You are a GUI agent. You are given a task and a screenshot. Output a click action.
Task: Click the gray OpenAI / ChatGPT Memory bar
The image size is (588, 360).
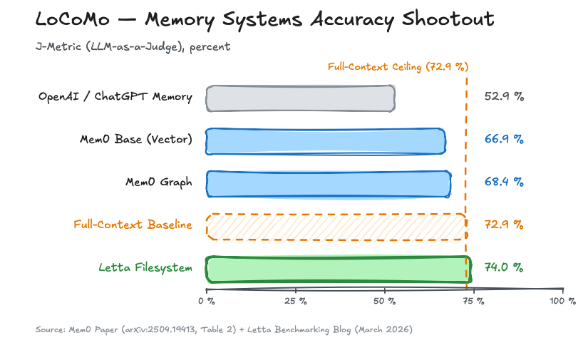300,98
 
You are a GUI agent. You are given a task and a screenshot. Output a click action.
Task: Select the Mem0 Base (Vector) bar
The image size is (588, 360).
326,140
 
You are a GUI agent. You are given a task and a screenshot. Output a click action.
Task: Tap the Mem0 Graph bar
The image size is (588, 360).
328,183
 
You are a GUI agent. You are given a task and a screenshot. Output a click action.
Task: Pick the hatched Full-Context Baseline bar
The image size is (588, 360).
336,226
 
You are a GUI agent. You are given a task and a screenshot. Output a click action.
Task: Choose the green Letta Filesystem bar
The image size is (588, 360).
339,269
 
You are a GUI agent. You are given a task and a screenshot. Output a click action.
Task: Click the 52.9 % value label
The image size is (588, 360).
504,96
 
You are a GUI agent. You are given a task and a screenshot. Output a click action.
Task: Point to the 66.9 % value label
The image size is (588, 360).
504,139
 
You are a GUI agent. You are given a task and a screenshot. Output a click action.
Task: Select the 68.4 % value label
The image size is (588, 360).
504,182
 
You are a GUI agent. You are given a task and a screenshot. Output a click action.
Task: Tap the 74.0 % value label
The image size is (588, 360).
504,267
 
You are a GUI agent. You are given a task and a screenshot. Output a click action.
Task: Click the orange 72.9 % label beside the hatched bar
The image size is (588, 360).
504,225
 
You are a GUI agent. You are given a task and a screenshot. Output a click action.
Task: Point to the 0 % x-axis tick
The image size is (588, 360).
206,302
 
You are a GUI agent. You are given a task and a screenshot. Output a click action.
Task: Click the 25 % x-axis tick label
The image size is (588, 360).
295,302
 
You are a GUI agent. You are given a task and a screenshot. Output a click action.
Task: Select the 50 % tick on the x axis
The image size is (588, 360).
384,302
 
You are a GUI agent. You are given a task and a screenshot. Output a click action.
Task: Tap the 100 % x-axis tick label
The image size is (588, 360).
562,302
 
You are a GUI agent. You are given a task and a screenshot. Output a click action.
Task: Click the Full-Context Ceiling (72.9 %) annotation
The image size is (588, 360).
398,67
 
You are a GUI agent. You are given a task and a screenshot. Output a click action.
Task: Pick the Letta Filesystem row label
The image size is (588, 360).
145,268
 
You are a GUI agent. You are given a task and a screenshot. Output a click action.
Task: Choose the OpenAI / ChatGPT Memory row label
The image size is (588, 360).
115,97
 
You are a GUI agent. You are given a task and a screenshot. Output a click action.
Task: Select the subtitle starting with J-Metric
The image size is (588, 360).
133,47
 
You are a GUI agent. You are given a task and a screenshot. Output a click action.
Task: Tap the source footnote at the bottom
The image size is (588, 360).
224,330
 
